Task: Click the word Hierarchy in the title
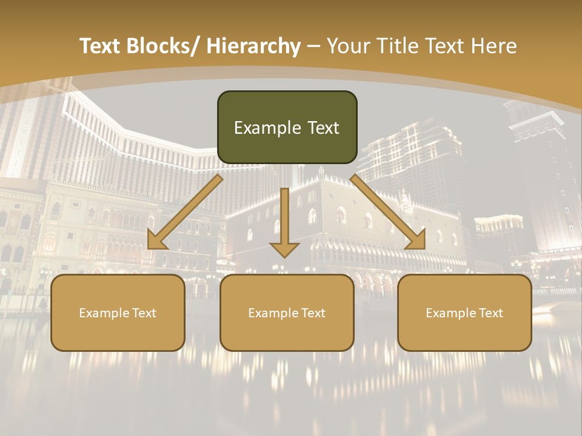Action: (x=253, y=46)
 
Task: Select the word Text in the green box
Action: (x=323, y=128)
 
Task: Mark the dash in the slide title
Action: (x=313, y=47)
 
